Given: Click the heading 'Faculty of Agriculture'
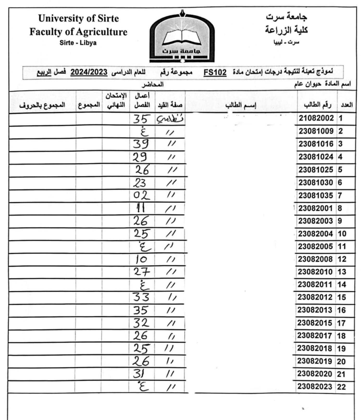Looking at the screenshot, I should (78, 32).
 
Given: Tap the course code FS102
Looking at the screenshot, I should (215, 72).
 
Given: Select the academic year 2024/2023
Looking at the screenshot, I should (89, 72).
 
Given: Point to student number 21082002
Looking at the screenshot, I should (316, 118).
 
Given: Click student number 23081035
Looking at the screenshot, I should (316, 196).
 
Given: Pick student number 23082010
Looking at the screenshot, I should (315, 272).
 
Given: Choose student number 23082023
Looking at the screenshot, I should (315, 387).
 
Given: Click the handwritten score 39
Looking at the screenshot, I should (141, 144).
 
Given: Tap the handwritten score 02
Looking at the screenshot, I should (141, 195).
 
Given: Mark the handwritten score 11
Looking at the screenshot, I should (141, 208).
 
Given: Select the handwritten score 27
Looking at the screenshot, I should (142, 272).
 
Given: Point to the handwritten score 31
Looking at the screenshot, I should (139, 374).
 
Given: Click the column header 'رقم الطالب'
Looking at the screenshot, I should (317, 105).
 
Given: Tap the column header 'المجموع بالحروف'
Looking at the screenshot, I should (42, 105).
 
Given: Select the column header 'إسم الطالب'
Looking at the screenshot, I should (241, 105).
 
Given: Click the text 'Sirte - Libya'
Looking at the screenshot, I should (78, 43).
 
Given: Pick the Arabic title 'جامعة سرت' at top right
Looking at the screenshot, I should (286, 17).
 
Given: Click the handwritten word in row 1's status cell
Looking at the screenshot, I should (170, 119).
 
